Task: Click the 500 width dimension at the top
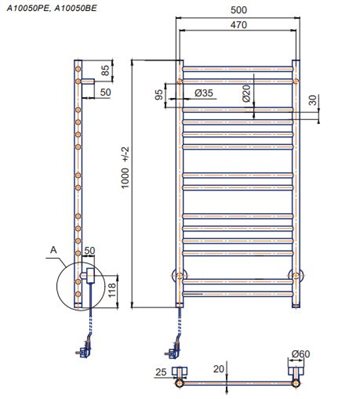click(x=238, y=10)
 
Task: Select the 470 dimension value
click(x=238, y=25)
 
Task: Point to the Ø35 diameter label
click(x=204, y=93)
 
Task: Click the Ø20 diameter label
click(x=246, y=93)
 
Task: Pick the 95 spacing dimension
click(x=159, y=95)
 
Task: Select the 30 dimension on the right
click(x=313, y=100)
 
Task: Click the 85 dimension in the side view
click(x=105, y=70)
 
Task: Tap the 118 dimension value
click(x=111, y=291)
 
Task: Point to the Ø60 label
click(x=300, y=354)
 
